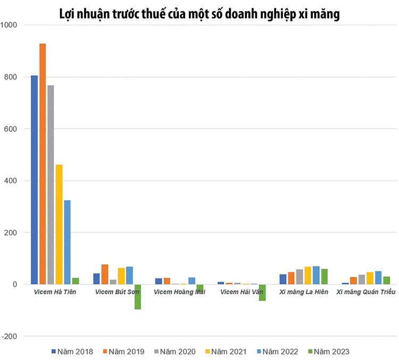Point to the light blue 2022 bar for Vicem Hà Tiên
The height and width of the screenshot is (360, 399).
pos(68,242)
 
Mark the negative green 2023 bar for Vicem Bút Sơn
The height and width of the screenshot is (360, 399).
pos(138,297)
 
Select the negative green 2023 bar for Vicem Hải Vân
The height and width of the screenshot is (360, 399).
pos(262,292)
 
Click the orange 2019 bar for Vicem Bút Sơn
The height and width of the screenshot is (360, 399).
pos(105,274)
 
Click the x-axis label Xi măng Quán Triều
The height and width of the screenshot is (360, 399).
pos(362,292)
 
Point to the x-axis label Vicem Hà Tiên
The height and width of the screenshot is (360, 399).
pos(54,292)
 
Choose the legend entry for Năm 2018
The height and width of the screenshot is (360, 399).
pos(72,351)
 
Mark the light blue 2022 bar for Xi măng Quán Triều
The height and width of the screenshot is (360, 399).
pos(378,278)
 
